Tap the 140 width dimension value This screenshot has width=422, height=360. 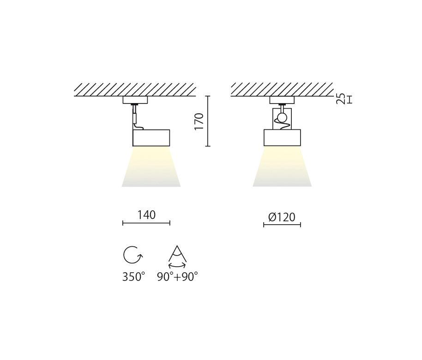(x=146, y=215)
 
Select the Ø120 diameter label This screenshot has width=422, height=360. (x=282, y=217)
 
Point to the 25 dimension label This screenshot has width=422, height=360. (x=341, y=98)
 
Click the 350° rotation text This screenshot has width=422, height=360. (x=133, y=277)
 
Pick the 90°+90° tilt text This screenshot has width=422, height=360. (x=177, y=277)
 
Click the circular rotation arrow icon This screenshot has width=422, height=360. (x=133, y=255)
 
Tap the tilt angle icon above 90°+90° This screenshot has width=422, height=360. (x=177, y=256)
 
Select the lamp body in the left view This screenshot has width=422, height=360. (x=151, y=138)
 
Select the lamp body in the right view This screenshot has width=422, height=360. (x=282, y=138)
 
